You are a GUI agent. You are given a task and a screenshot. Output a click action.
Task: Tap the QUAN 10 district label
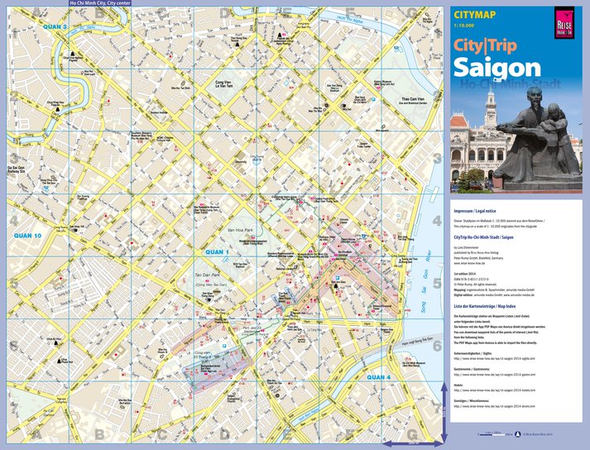point(27,236)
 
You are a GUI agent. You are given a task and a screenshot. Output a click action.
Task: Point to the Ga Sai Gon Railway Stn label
point(17,170)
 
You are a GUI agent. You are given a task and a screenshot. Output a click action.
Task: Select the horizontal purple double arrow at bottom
point(415,441)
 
